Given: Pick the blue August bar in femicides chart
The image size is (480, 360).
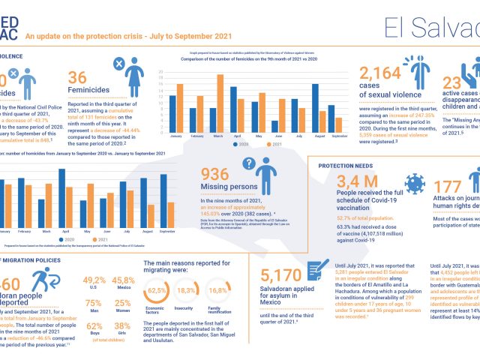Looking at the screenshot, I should tap(315, 106).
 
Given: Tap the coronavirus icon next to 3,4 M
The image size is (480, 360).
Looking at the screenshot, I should tap(413, 183).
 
